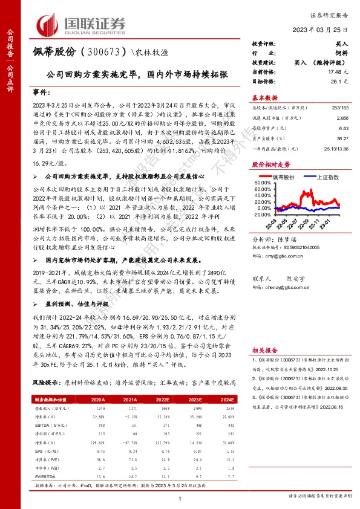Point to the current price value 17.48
(338, 71)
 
